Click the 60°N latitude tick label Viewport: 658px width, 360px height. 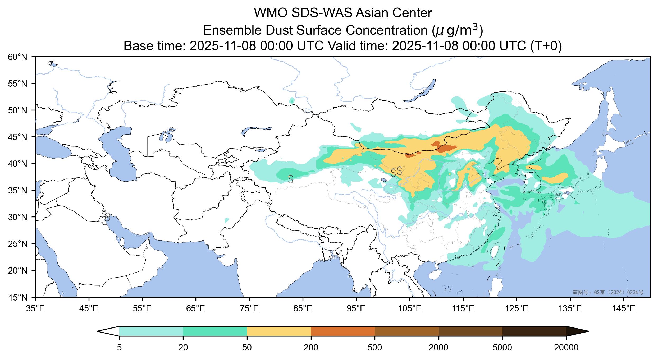pos(18,57)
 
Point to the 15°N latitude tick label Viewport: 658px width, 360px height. pos(18,298)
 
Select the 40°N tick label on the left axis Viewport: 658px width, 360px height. pos(18,164)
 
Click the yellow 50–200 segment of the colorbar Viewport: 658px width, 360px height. pos(279,331)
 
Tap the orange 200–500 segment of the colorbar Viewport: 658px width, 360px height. pos(343,331)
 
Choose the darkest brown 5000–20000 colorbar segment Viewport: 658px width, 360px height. pos(534,331)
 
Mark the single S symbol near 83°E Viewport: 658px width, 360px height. pos(290,179)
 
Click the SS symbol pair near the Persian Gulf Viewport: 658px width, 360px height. pos(106,215)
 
